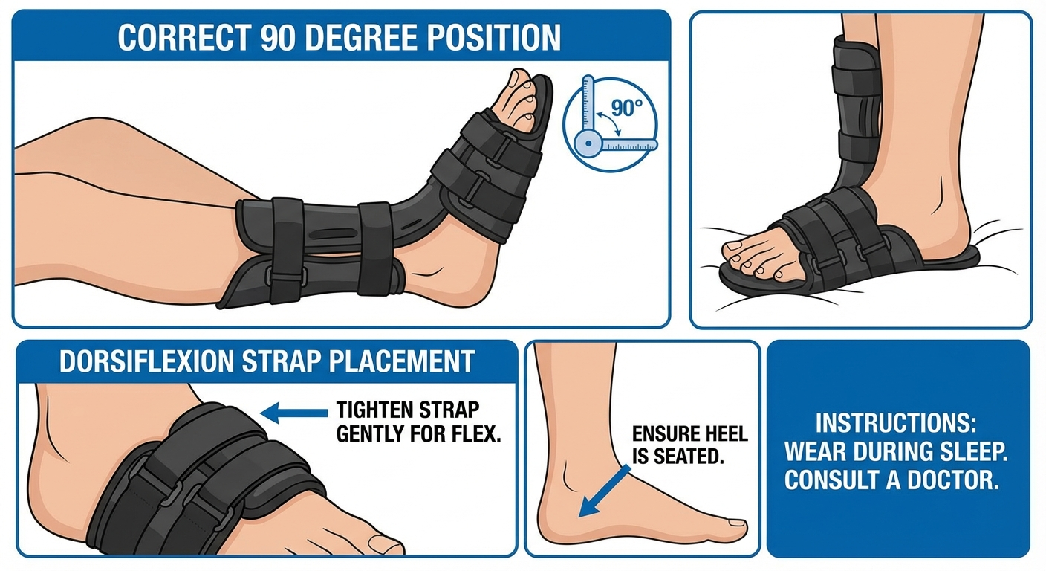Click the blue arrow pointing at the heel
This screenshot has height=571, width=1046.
[603, 491]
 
